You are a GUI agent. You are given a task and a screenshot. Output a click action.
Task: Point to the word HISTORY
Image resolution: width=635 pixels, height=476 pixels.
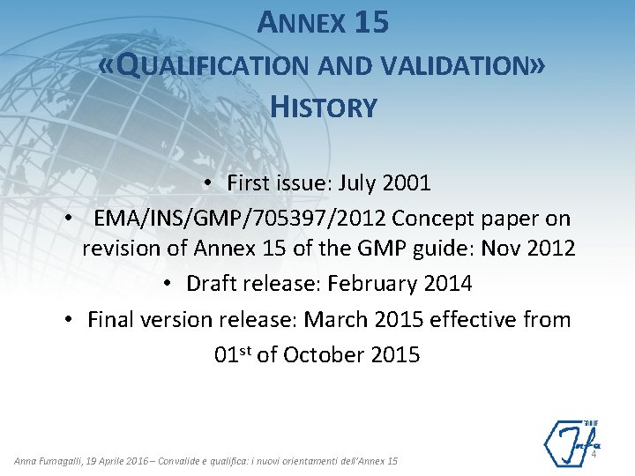(324, 108)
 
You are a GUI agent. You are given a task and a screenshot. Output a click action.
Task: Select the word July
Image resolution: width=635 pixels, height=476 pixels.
(348, 183)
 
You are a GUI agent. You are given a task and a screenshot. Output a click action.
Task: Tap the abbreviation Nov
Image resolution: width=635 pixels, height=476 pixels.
(501, 249)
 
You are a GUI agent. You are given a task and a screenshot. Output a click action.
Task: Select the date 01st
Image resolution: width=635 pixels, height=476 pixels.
(233, 354)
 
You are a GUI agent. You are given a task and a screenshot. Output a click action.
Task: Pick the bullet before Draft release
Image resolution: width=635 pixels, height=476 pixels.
(168, 285)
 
